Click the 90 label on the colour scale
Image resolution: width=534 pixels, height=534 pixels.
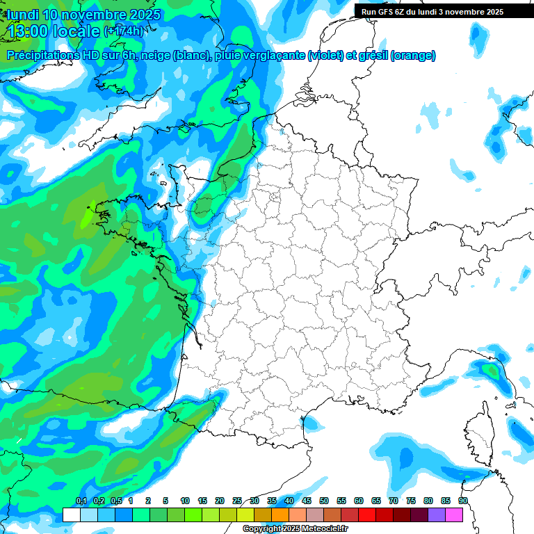tap(463, 501)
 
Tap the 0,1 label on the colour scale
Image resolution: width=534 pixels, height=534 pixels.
tap(81, 501)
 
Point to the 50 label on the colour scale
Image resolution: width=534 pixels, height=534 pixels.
tap(324, 501)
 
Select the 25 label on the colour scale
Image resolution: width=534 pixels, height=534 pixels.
tap(237, 501)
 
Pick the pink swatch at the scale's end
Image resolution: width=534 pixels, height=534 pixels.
tap(454, 515)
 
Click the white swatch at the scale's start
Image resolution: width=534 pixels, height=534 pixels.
tap(71, 515)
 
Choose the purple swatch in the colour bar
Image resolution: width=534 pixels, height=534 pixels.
tap(437, 515)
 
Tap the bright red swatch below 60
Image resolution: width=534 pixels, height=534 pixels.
tap(367, 515)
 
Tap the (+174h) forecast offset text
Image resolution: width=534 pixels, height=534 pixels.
tap(123, 31)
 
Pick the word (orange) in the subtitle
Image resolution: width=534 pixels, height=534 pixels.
tap(414, 56)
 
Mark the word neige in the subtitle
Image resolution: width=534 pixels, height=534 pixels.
tap(156, 56)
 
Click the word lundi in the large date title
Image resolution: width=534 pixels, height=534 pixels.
tap(24, 15)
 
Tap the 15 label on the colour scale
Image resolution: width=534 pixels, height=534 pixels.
tap(202, 501)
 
